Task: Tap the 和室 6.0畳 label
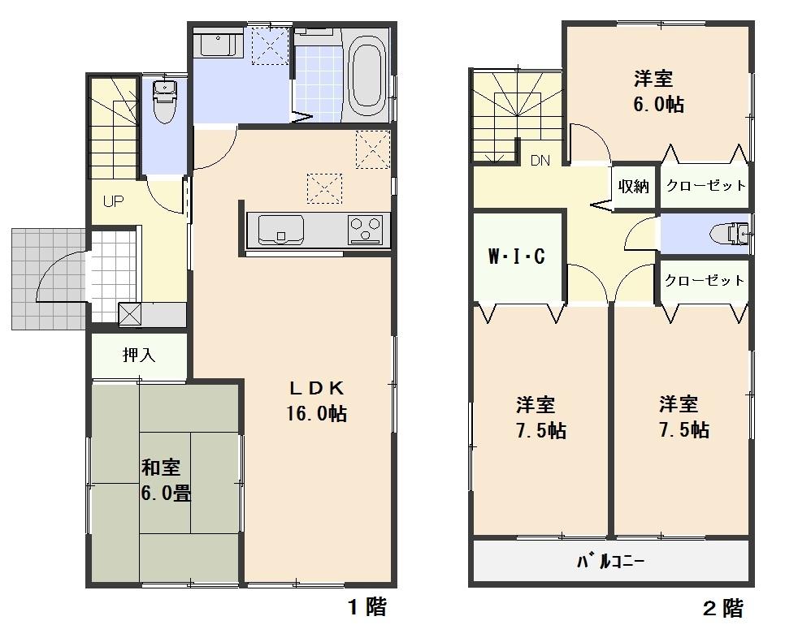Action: point(166,480)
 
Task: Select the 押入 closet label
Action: point(139,355)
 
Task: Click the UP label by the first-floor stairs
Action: point(112,201)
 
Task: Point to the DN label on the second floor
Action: point(540,160)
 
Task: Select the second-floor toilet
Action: point(728,234)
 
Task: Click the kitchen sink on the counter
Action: point(281,229)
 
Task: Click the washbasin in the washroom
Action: point(217,44)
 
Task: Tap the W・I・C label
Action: point(516,257)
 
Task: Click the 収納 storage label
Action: point(634,186)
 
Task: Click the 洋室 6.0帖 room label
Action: point(658,92)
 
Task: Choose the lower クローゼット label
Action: point(704,281)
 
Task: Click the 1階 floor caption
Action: point(366,606)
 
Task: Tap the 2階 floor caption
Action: point(722,607)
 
